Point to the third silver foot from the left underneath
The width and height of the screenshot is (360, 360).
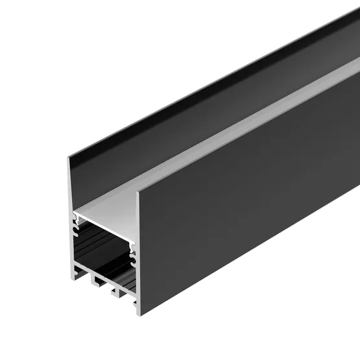pyautogui.click(x=115, y=294)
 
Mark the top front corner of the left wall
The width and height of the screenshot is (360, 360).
pyautogui.click(x=69, y=155)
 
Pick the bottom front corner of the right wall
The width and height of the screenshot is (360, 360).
pyautogui.click(x=139, y=315)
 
